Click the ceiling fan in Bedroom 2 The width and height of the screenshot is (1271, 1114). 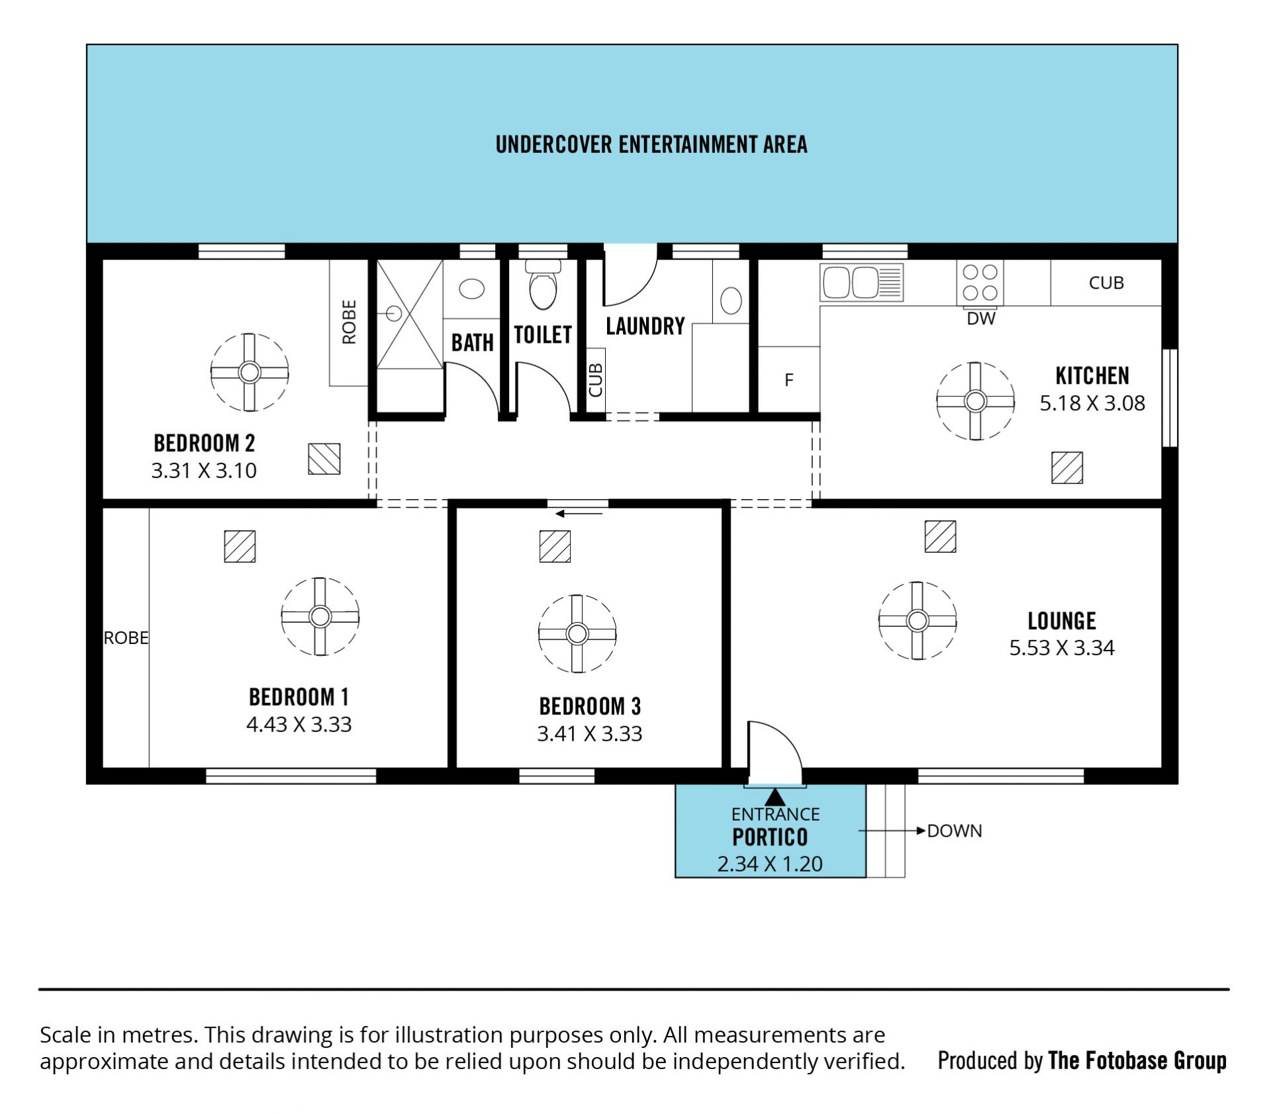(x=250, y=372)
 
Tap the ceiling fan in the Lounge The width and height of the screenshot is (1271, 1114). (x=917, y=620)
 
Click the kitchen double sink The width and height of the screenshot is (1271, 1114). (x=861, y=282)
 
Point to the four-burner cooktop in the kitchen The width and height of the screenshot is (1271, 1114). (x=980, y=283)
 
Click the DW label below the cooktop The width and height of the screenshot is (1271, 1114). (x=981, y=319)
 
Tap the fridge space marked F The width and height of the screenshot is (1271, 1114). (x=788, y=379)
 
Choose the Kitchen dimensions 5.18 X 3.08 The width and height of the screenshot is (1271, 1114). (x=1092, y=403)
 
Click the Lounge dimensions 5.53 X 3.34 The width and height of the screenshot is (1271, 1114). (x=1062, y=647)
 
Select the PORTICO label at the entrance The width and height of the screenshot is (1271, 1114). (x=770, y=837)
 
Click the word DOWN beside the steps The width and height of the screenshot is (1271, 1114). (x=955, y=831)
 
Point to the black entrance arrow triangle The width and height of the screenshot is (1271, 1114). (x=775, y=796)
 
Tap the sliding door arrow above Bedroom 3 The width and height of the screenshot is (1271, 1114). (x=579, y=514)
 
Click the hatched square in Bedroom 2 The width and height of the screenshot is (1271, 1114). (x=324, y=459)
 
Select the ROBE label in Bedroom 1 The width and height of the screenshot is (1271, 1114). (x=126, y=637)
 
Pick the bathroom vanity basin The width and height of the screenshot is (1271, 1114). (x=471, y=289)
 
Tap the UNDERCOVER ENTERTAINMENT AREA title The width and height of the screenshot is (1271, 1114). (x=651, y=144)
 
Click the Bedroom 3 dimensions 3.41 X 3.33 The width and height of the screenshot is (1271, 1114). (x=589, y=733)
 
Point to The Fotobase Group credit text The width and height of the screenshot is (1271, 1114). (x=1137, y=1060)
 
